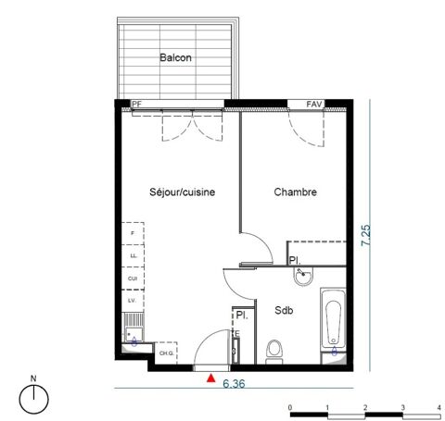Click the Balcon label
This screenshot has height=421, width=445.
tap(175, 57)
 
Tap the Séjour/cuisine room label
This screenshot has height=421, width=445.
tap(183, 192)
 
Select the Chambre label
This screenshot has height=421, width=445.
tap(296, 192)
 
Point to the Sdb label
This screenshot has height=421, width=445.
tap(284, 311)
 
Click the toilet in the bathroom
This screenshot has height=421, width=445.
tap(273, 349)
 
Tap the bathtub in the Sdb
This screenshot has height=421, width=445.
tap(333, 324)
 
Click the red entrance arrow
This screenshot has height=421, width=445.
tap(212, 377)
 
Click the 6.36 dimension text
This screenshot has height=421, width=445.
tap(235, 381)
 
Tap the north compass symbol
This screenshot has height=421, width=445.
tap(33, 396)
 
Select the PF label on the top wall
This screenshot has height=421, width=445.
tap(136, 105)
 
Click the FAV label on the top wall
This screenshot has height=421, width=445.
tap(315, 105)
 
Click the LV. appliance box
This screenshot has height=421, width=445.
tap(133, 301)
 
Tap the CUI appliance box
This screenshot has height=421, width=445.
tap(133, 278)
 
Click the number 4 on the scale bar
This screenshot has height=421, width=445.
tap(438, 407)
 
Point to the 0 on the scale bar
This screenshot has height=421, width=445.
tap(290, 407)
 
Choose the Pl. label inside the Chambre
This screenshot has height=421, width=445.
tap(294, 260)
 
